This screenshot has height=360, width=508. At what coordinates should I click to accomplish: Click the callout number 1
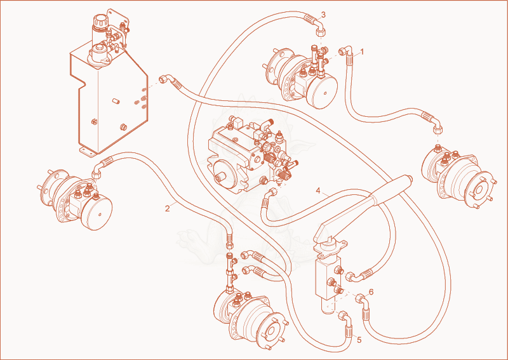coord(362,52)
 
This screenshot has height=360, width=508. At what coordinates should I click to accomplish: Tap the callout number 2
coord(167,209)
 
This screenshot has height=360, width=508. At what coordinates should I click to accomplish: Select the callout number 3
coord(323,15)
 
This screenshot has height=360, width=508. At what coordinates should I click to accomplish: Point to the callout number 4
coord(318,190)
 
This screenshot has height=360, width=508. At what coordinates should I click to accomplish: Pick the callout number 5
coord(359,340)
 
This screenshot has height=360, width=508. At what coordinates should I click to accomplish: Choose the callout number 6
coord(371,292)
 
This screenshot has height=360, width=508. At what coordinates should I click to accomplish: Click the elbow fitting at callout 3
coord(320,27)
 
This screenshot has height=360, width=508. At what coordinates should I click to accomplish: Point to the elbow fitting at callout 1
coord(344,51)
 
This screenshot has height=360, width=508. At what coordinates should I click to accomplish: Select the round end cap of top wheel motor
coord(322,91)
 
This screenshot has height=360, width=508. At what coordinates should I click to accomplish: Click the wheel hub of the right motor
coord(480,190)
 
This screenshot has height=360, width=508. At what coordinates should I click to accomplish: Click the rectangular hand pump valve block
coord(328,277)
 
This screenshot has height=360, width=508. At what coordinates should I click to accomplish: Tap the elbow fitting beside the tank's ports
coord(166,79)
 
